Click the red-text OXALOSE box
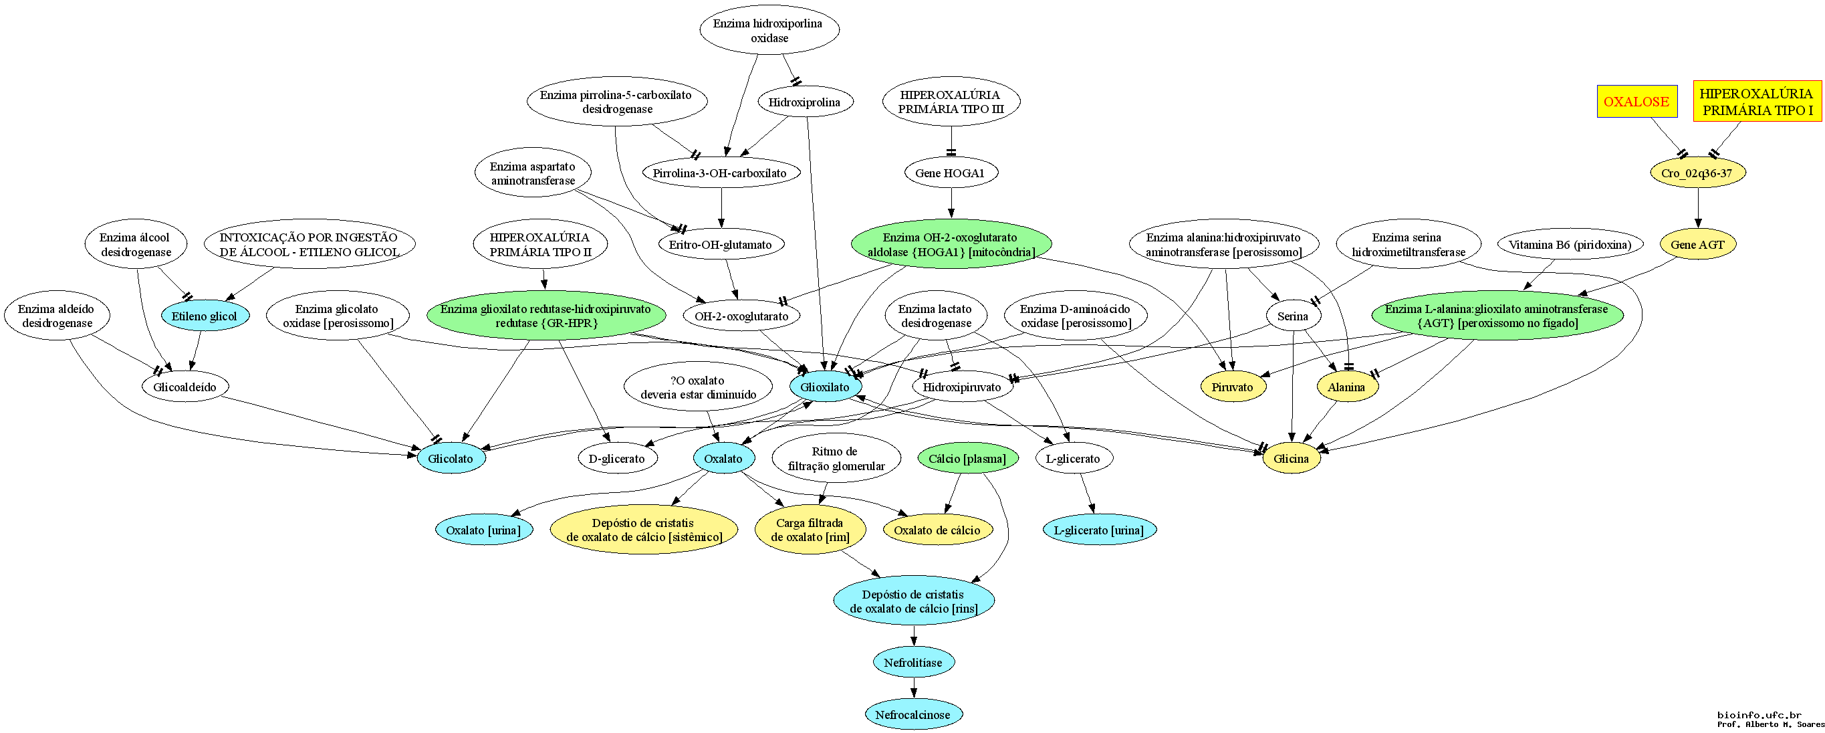[x=1636, y=102]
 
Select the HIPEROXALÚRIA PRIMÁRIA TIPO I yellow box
[x=1757, y=102]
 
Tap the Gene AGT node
[x=1697, y=245]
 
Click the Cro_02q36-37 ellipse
[x=1697, y=173]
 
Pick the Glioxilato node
[x=826, y=387]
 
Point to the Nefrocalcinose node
[x=912, y=714]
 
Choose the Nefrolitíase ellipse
[x=913, y=663]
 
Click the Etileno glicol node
[x=205, y=316]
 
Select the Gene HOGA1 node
[x=950, y=173]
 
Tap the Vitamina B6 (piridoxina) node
[x=1570, y=245]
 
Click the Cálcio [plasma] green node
[x=967, y=459]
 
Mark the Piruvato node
[x=1232, y=387]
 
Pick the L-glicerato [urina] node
[x=1099, y=530]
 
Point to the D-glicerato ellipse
[x=617, y=459]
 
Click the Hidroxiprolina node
[x=804, y=102]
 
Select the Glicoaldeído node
[x=185, y=387]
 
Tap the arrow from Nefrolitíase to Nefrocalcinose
[x=913, y=688]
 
